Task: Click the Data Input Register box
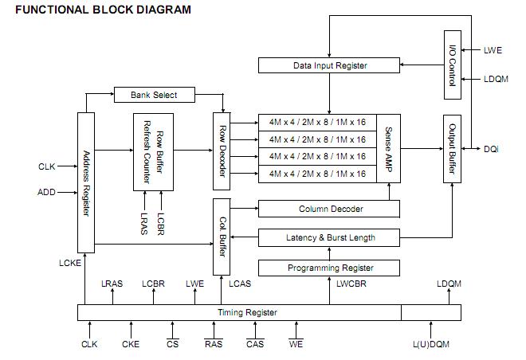point(330,65)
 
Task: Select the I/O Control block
point(452,65)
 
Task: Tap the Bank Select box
point(153,95)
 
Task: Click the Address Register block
point(86,183)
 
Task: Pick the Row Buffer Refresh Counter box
point(153,151)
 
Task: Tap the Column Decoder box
point(330,209)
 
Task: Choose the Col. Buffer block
point(222,237)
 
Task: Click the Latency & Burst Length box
point(330,237)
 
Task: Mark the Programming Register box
point(330,268)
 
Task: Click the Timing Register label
point(247,312)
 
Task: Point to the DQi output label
point(491,150)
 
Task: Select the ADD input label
point(46,192)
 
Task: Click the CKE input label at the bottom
point(131,344)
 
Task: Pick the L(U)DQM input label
point(431,344)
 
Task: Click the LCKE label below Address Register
point(69,262)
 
